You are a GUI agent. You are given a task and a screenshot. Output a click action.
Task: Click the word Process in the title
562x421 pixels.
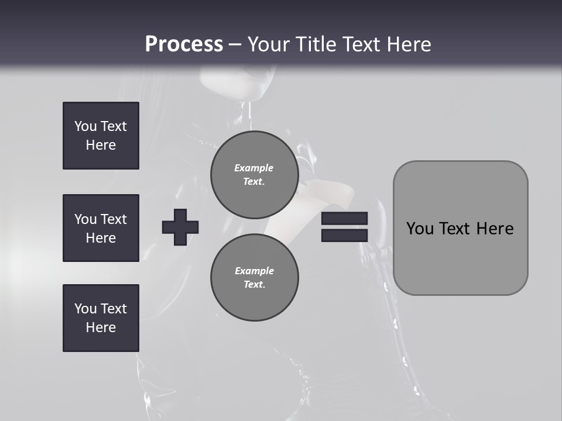pos(184,44)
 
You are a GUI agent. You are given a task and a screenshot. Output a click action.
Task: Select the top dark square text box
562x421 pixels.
pos(101,136)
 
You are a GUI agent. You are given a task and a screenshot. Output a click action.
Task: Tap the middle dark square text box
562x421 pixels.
pos(101,228)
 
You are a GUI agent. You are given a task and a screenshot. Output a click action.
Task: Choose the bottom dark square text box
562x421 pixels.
pos(101,318)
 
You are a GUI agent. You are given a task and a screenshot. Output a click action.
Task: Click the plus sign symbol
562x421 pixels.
pos(180,227)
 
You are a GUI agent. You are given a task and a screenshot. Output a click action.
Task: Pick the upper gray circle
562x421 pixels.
pos(255,174)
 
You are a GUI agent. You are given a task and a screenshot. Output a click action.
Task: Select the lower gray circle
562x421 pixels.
pos(255,277)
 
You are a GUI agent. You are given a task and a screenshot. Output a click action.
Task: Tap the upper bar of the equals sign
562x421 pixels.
pos(344,219)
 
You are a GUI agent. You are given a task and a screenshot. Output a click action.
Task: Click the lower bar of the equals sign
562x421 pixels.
pos(344,235)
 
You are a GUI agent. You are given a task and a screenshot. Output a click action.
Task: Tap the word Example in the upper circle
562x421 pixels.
pos(253,168)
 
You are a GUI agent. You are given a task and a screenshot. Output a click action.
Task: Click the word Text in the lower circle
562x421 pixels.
pos(253,285)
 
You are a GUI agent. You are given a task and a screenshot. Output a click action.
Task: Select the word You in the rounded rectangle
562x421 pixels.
pos(420,229)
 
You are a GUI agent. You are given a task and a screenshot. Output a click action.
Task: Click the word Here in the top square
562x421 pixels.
pos(101,145)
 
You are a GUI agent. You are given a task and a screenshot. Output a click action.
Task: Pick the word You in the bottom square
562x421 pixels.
pos(85,309)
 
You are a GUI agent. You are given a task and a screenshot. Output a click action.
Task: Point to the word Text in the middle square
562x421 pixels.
pos(114,219)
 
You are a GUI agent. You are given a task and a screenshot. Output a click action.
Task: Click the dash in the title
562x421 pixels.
pos(235,44)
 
